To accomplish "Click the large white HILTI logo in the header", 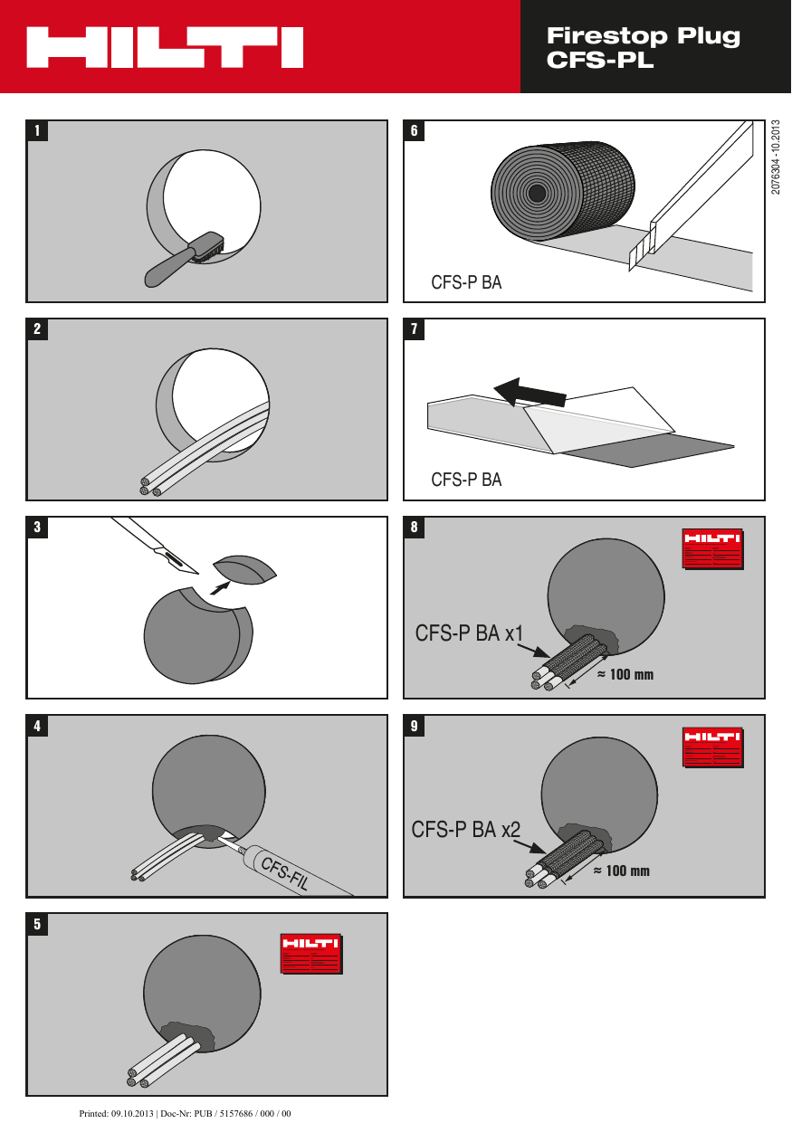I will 165,47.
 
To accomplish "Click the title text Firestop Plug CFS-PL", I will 643,48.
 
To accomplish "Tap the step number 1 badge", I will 37,130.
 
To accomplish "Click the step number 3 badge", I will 37,527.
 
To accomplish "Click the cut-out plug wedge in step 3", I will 244,571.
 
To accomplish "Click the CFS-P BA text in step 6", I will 466,282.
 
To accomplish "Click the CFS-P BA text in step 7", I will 466,480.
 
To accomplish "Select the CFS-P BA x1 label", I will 469,633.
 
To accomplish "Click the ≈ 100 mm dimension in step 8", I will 625,675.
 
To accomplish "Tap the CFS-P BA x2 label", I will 465,829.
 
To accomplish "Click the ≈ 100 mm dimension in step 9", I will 622,871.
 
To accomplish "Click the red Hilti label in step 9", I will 712,747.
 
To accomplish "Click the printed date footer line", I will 185,1113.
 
